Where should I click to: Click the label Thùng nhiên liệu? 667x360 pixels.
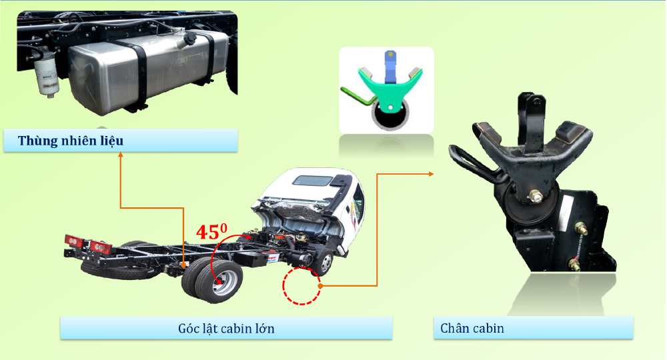pos(71,141)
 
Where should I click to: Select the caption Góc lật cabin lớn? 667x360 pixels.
pos(226,328)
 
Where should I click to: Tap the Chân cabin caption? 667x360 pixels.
pos(472,328)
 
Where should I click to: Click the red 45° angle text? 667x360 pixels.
pos(211,232)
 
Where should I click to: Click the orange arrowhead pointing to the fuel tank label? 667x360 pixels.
pos(120,155)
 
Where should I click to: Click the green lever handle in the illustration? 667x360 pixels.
pos(354,95)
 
